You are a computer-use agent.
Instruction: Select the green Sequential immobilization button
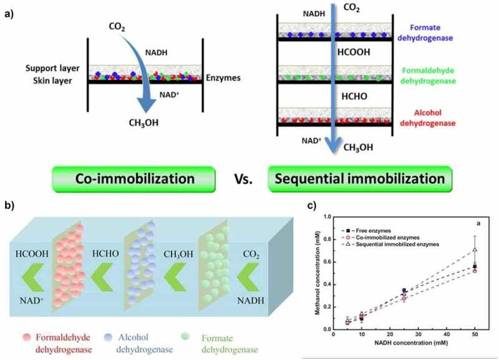point(357,178)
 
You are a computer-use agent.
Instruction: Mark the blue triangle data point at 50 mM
point(475,250)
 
